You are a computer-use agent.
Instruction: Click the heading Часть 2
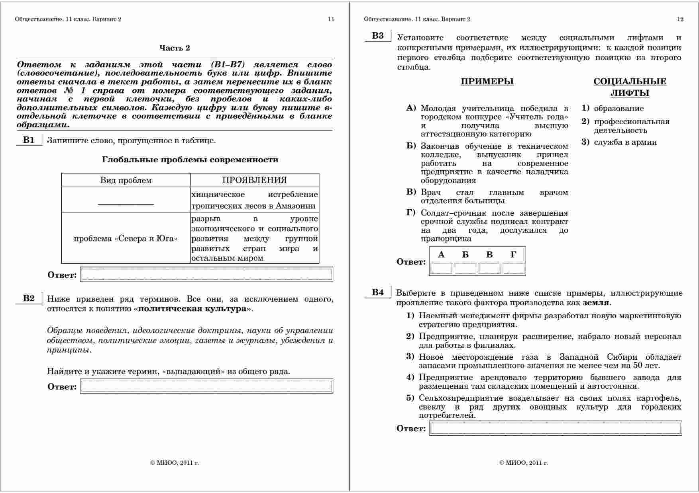175,48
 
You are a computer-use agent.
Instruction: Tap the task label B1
29,140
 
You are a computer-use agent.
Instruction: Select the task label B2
29,298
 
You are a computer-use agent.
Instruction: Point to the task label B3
378,36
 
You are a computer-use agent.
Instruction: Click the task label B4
378,292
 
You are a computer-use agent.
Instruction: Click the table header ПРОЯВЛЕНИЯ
254,180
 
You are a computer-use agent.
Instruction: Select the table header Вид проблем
126,180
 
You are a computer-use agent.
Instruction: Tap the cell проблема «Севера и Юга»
126,239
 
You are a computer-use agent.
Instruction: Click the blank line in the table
126,204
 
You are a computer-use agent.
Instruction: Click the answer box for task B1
206,275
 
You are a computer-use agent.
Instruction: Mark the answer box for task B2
206,386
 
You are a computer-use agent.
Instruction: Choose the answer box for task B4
555,428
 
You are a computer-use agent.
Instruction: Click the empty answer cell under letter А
441,269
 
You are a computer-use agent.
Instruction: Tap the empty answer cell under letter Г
513,269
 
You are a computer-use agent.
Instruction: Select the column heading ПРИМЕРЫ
487,82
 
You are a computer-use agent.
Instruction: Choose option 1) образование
618,109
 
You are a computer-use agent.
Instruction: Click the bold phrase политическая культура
192,309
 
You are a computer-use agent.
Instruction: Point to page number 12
680,19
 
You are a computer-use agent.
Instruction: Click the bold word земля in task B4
595,303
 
